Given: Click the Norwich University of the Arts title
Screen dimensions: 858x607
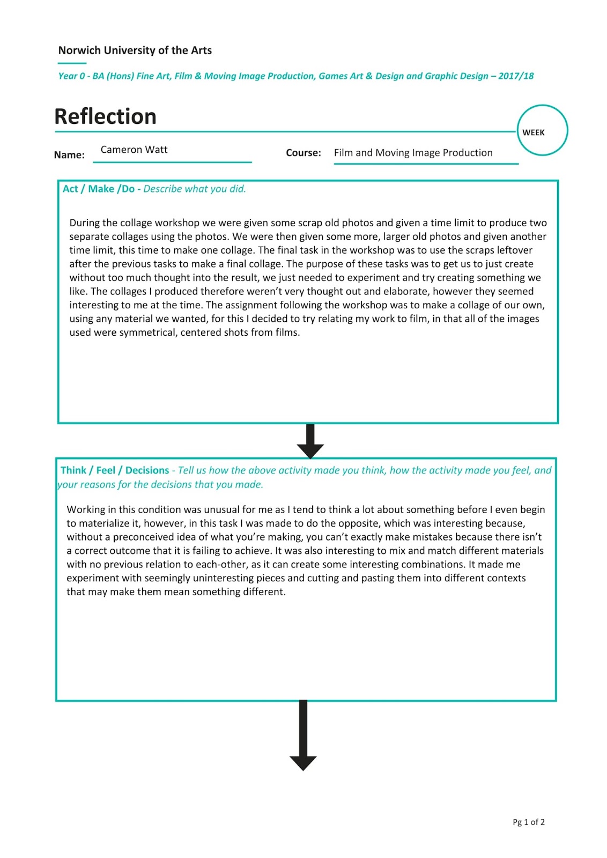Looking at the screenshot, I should click(135, 50).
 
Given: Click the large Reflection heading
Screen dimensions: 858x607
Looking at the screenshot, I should click(105, 116).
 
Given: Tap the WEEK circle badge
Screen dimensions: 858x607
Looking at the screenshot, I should click(542, 131).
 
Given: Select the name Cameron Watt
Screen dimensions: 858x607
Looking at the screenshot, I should click(134, 150).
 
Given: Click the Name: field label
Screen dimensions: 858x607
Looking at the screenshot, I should click(69, 155).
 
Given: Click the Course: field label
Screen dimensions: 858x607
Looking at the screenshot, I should click(303, 153).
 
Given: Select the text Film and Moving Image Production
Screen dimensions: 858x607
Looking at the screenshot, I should click(413, 153).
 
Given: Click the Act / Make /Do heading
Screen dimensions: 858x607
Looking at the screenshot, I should click(99, 189).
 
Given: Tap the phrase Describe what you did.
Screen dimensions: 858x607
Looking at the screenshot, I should click(195, 189).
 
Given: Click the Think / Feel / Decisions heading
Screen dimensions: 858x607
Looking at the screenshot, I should click(114, 470).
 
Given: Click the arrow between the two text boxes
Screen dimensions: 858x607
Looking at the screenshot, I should click(310, 441).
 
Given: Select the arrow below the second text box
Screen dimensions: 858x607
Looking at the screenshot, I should click(303, 736).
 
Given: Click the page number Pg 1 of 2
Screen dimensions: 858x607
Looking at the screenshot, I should click(528, 822).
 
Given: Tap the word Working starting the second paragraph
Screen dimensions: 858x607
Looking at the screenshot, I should click(86, 509).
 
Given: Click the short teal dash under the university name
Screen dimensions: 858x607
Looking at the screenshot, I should click(72, 63).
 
